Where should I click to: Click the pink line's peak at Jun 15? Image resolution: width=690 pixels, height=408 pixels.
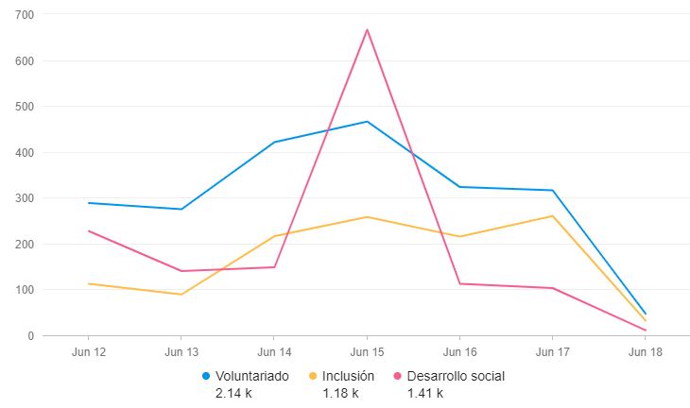pos(367,29)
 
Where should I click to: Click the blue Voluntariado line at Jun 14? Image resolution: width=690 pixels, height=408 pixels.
pos(274,143)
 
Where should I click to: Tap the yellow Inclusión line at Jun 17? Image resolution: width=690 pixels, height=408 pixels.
pos(552,216)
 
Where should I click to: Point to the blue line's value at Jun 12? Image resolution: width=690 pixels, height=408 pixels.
pos(88,203)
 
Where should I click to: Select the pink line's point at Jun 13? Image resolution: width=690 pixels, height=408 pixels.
pos(181,271)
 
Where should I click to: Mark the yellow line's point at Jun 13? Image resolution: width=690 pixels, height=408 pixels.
pos(181,294)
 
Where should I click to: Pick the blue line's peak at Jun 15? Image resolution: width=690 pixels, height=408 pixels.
pos(367,122)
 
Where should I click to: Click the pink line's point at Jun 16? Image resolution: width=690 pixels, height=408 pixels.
pos(459,284)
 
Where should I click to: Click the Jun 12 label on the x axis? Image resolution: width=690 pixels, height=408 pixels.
pos(88,351)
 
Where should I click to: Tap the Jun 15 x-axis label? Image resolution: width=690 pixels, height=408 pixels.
pos(367,351)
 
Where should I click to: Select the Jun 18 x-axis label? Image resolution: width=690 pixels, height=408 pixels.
pos(645,351)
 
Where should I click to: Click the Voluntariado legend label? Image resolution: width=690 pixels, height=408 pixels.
pos(252,376)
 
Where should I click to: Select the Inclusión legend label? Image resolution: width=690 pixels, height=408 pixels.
pos(350,376)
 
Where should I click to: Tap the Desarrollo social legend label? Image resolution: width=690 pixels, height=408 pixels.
pos(456,376)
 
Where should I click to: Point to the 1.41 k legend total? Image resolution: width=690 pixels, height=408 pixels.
pos(424,393)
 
